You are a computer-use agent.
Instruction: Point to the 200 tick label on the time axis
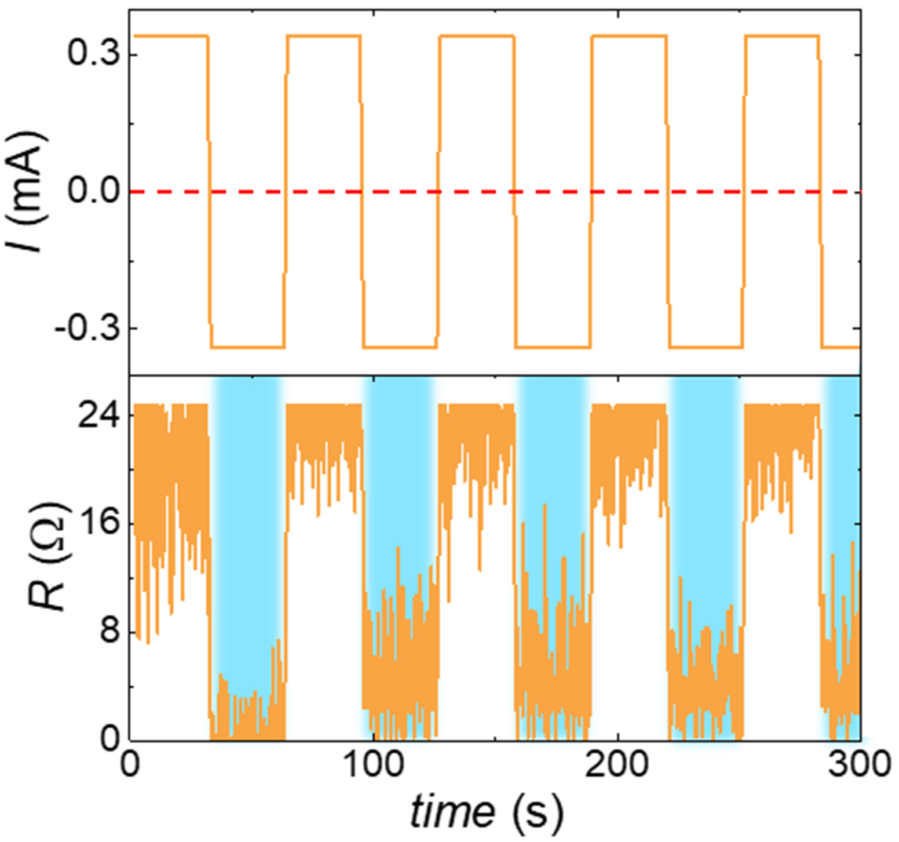click(x=617, y=765)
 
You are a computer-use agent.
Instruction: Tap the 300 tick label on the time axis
click(x=858, y=765)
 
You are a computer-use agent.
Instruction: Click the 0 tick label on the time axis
click(x=130, y=765)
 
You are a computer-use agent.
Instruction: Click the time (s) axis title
click(x=487, y=812)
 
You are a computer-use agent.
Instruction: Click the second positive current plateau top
click(x=323, y=36)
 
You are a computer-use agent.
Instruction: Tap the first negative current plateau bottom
click(x=248, y=347)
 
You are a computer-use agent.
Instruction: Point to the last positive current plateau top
click(x=782, y=36)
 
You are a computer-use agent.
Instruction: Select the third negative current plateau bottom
click(x=553, y=347)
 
